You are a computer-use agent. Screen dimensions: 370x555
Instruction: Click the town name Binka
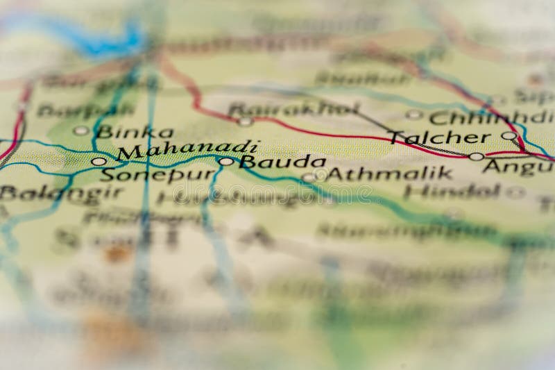click(x=134, y=131)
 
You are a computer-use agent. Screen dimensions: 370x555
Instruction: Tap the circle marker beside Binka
click(x=81, y=131)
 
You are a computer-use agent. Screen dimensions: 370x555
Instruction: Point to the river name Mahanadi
click(x=187, y=149)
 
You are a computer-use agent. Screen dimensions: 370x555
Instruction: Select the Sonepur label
click(x=158, y=174)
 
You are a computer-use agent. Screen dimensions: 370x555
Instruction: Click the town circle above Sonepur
click(x=99, y=161)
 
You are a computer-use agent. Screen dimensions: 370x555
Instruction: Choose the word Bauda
click(x=282, y=162)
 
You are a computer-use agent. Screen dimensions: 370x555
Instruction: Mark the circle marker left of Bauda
click(x=226, y=162)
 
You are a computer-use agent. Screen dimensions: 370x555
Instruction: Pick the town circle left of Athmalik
click(x=308, y=177)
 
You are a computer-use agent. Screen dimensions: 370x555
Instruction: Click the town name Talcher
click(x=438, y=137)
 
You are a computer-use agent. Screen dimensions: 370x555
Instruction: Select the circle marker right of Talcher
click(x=509, y=135)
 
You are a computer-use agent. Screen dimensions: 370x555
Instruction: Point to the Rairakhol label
click(x=293, y=108)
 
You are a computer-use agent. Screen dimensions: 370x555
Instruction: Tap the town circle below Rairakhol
click(x=245, y=121)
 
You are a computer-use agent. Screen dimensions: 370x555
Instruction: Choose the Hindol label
click(x=452, y=191)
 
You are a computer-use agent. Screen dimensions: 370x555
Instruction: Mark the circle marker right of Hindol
click(x=515, y=192)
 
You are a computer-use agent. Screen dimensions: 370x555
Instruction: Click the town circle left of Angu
click(x=476, y=156)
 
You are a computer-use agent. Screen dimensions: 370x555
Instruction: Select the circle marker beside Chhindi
click(x=414, y=115)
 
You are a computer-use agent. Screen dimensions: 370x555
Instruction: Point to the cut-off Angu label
click(x=518, y=166)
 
